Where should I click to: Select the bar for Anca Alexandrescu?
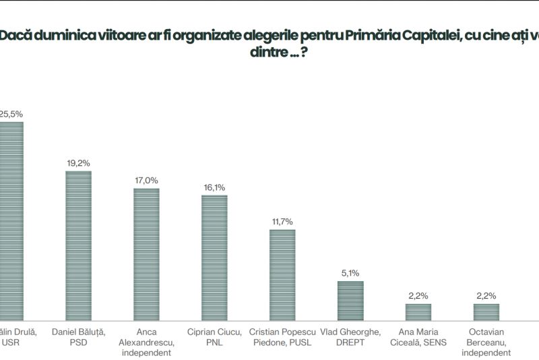tap(146, 253)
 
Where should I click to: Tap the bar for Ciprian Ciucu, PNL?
tap(214, 256)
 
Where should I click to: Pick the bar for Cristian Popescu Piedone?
tap(282, 274)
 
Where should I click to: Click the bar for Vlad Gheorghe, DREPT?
tap(350, 299)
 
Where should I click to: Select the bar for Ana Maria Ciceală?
tap(418, 311)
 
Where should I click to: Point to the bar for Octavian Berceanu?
tap(486, 311)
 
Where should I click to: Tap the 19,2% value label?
tap(78, 163)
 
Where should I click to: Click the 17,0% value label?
tap(146, 180)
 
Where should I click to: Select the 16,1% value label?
tap(214, 187)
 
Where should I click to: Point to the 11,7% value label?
tap(282, 221)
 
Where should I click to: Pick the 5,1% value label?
tap(350, 273)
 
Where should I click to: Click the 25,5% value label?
tap(10, 114)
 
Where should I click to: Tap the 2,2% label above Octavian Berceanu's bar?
tap(486, 296)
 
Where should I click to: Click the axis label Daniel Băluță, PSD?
tap(78, 336)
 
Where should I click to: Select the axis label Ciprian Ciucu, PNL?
tap(214, 336)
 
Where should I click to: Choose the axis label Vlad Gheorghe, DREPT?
tap(350, 336)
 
